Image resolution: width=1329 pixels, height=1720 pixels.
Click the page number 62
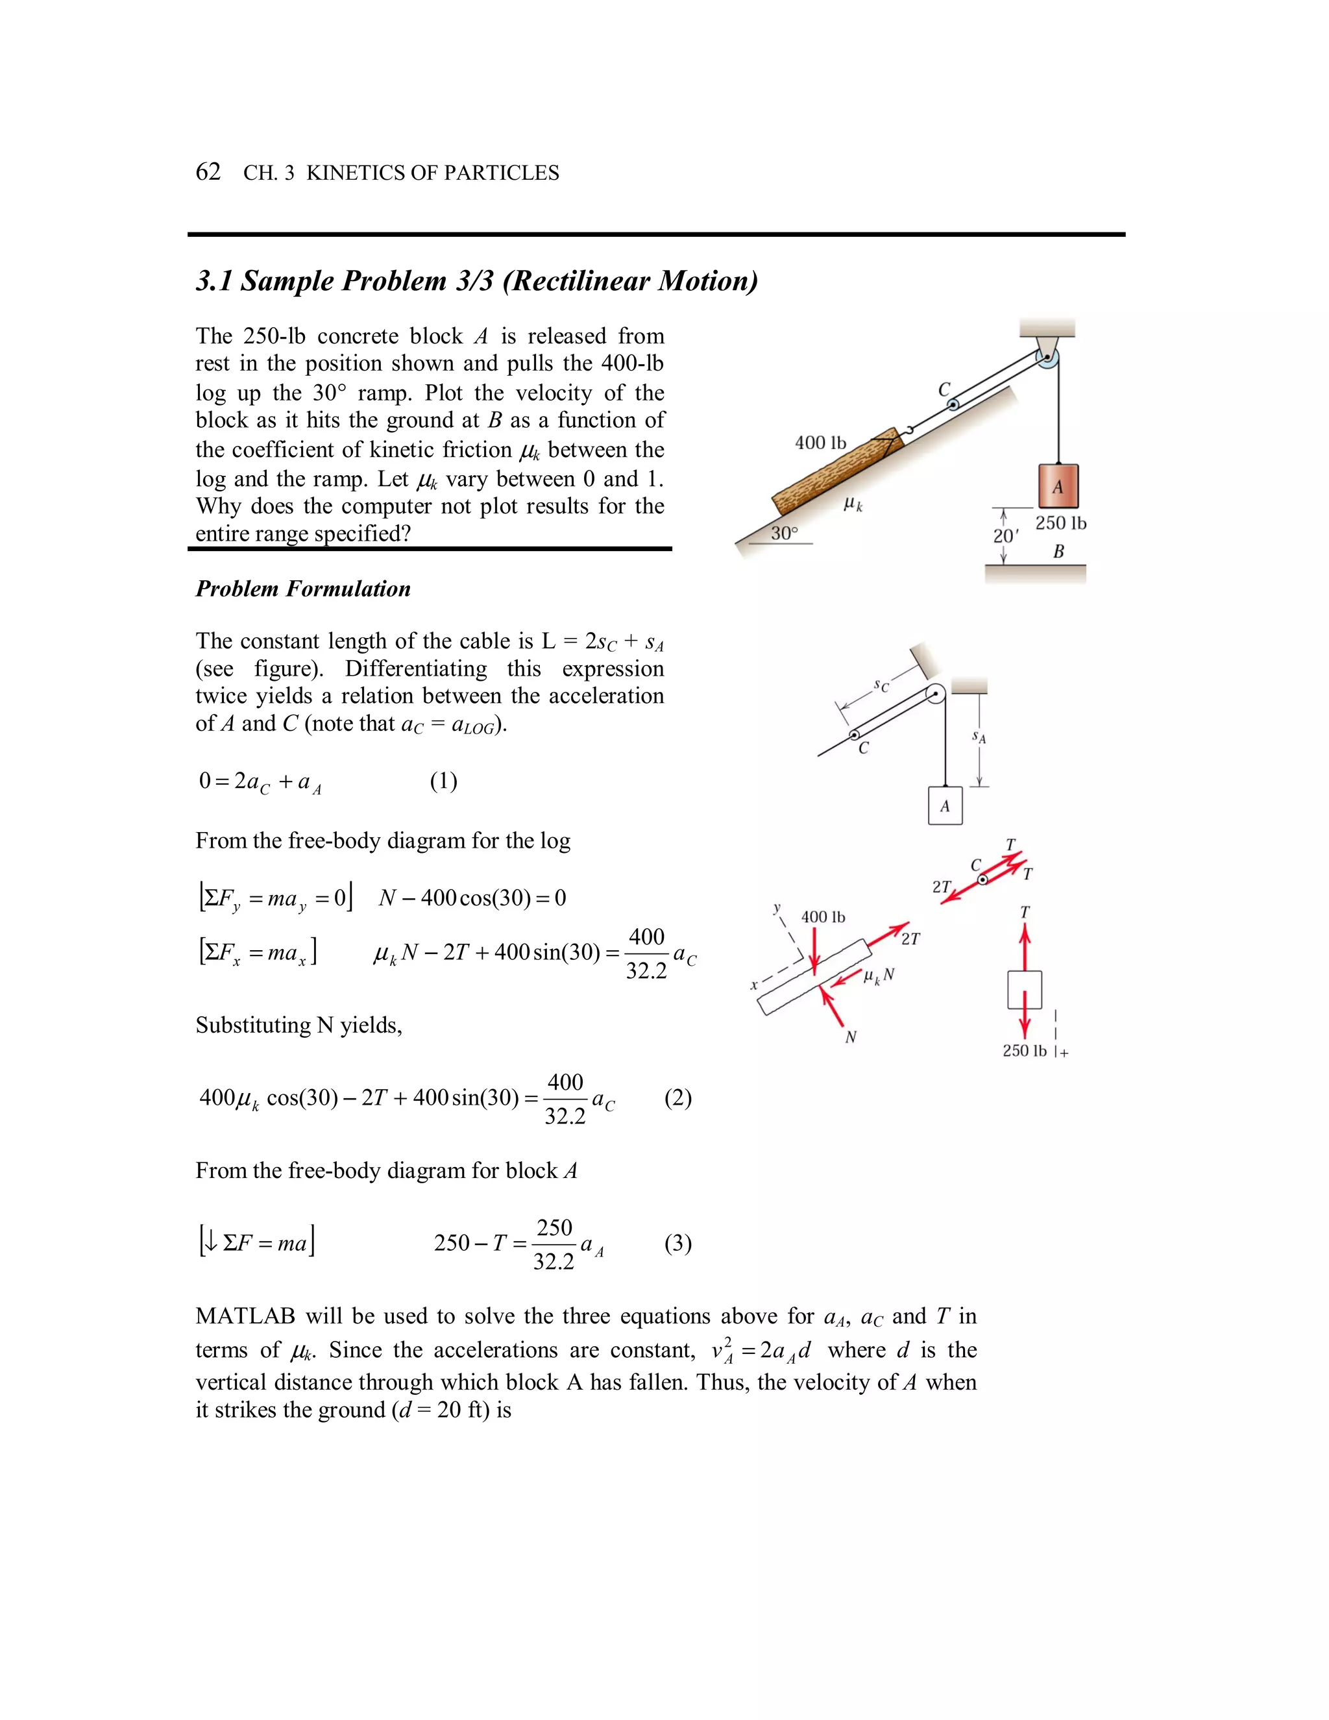[208, 172]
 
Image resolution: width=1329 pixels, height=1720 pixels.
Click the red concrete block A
[1057, 486]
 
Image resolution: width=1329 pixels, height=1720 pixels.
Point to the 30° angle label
[783, 533]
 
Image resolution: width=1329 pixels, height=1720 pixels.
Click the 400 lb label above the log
[820, 443]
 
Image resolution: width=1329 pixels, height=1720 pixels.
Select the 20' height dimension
[1005, 535]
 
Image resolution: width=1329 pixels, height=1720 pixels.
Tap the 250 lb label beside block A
[1060, 523]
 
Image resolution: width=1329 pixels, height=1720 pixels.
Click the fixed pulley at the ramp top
[1047, 358]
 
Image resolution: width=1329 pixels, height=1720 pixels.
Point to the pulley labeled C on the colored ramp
[953, 405]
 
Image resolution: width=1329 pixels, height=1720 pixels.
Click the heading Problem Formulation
[303, 589]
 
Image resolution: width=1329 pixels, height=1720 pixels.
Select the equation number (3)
[678, 1243]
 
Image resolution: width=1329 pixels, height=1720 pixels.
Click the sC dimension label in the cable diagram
[882, 687]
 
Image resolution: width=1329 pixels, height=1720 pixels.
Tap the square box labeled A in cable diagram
[945, 805]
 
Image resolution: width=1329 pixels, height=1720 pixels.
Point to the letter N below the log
[850, 1037]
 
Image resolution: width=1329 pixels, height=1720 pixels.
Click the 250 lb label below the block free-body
[1024, 1051]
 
